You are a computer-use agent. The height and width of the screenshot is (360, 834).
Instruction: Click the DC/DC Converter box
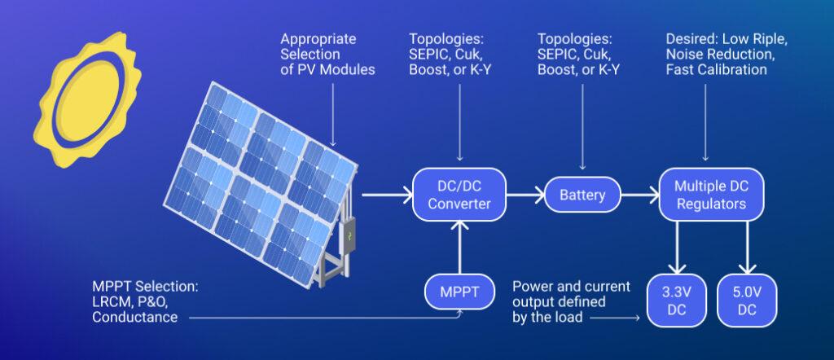point(459,195)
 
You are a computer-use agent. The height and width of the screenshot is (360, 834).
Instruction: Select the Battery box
point(582,195)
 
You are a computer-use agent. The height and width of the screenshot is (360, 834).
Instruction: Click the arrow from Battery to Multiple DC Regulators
point(639,195)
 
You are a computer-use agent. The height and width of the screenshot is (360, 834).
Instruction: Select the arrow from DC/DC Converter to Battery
point(525,195)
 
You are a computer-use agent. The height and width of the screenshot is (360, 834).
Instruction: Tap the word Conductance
point(135,318)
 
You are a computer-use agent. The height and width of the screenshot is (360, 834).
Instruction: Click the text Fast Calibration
point(716,70)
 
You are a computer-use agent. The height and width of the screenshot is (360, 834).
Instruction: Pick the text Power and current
point(570,287)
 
